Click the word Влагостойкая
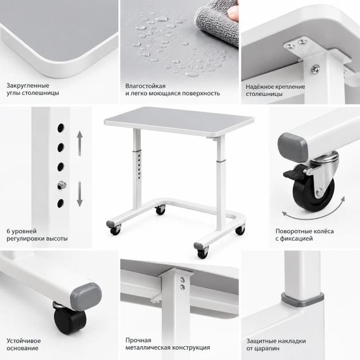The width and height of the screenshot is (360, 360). coord(145,86)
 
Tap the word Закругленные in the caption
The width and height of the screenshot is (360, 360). coord(28,86)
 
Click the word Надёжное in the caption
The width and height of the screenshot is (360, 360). coord(261,87)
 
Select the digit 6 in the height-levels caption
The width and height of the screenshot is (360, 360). coord(8,231)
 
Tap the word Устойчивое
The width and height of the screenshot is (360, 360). coord(23,340)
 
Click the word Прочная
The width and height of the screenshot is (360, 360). coord(138,340)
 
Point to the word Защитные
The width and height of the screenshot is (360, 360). coord(261,341)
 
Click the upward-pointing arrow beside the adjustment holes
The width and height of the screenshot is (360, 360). coord(80,143)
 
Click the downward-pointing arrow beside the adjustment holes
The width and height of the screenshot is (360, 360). coord(80,194)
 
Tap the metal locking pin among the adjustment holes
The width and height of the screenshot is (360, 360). coord(61,185)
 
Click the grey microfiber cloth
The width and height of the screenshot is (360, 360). coord(217,24)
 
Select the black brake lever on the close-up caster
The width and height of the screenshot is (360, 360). coord(293,172)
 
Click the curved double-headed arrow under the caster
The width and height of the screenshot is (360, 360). coord(315,213)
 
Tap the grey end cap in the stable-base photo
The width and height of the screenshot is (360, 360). coord(86,296)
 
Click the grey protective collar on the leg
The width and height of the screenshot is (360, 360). coord(303,299)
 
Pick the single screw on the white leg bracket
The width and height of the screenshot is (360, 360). coord(315,69)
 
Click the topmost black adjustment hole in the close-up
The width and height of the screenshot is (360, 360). coord(61,128)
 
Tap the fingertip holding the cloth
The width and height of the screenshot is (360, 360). coord(234,12)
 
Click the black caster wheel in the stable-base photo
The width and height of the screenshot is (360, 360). coord(70,320)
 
